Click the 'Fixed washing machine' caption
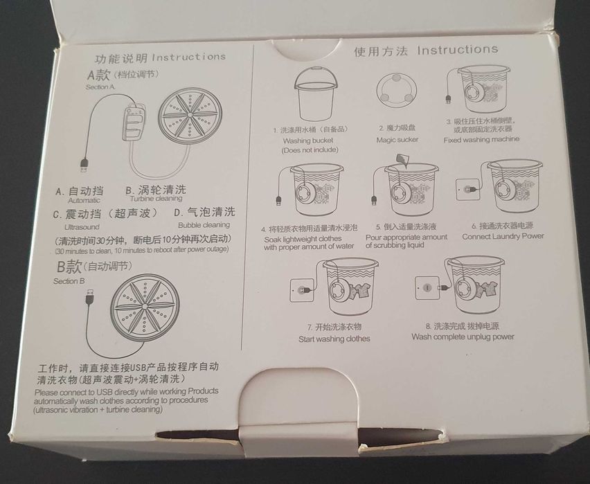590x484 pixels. tap(481, 139)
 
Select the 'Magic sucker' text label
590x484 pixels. tap(397, 140)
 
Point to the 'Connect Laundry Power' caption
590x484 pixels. tap(503, 236)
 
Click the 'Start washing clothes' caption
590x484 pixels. tap(334, 339)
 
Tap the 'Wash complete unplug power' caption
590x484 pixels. tap(463, 337)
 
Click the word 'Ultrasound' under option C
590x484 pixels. tap(82, 226)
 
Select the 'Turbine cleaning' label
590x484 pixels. tap(156, 199)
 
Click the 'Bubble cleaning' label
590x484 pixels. tap(204, 225)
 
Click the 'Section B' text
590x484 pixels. tap(69, 281)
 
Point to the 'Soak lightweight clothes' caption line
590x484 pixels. tap(303, 238)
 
